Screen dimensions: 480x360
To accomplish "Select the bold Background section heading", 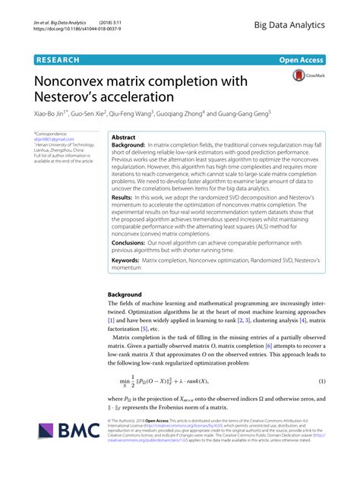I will click(x=125, y=293).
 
